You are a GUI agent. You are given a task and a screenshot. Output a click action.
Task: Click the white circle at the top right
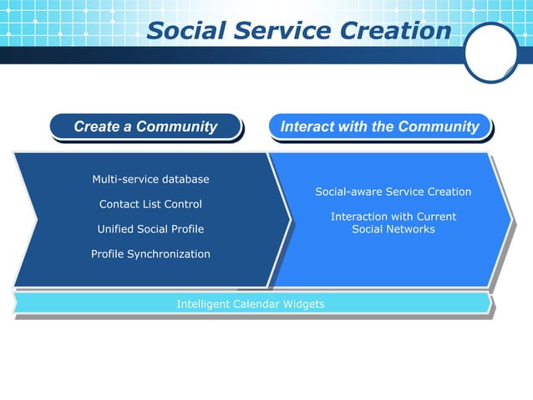491,52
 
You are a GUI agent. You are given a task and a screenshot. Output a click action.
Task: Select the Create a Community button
145,127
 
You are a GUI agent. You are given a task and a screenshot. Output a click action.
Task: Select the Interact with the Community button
380,127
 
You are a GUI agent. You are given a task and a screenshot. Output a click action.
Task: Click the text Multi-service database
150,179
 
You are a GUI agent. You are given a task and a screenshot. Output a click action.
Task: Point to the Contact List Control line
150,204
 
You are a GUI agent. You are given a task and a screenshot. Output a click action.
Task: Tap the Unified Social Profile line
150,228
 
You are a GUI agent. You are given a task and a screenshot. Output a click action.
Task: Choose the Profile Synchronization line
150,254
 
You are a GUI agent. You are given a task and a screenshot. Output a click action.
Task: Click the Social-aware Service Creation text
393,192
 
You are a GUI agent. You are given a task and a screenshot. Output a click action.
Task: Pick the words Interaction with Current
393,217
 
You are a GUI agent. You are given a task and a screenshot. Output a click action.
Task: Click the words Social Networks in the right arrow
393,229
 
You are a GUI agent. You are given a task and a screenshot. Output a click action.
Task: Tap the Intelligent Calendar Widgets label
251,304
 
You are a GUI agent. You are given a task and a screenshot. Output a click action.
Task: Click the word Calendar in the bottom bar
255,304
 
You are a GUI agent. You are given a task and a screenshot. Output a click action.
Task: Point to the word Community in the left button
176,127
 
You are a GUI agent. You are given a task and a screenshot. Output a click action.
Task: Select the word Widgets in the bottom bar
303,304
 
